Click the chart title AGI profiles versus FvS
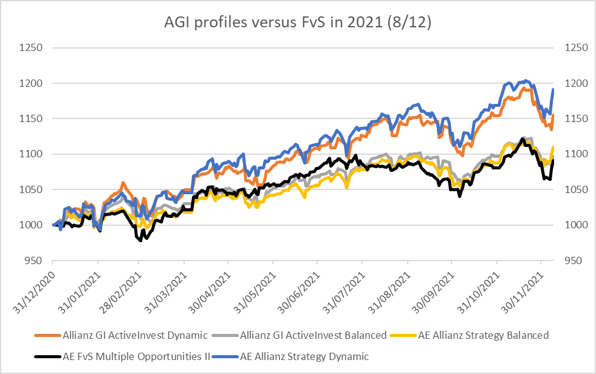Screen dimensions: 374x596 (x=298, y=23)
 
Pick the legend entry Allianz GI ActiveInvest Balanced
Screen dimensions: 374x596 (x=313, y=335)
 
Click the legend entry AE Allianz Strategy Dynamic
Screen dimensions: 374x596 (x=304, y=356)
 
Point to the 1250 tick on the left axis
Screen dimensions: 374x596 (x=31, y=48)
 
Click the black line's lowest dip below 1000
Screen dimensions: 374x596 (x=141, y=240)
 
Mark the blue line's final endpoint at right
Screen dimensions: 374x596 (x=553, y=90)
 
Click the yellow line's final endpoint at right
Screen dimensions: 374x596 (x=553, y=146)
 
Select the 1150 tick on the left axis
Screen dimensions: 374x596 (x=31, y=119)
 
